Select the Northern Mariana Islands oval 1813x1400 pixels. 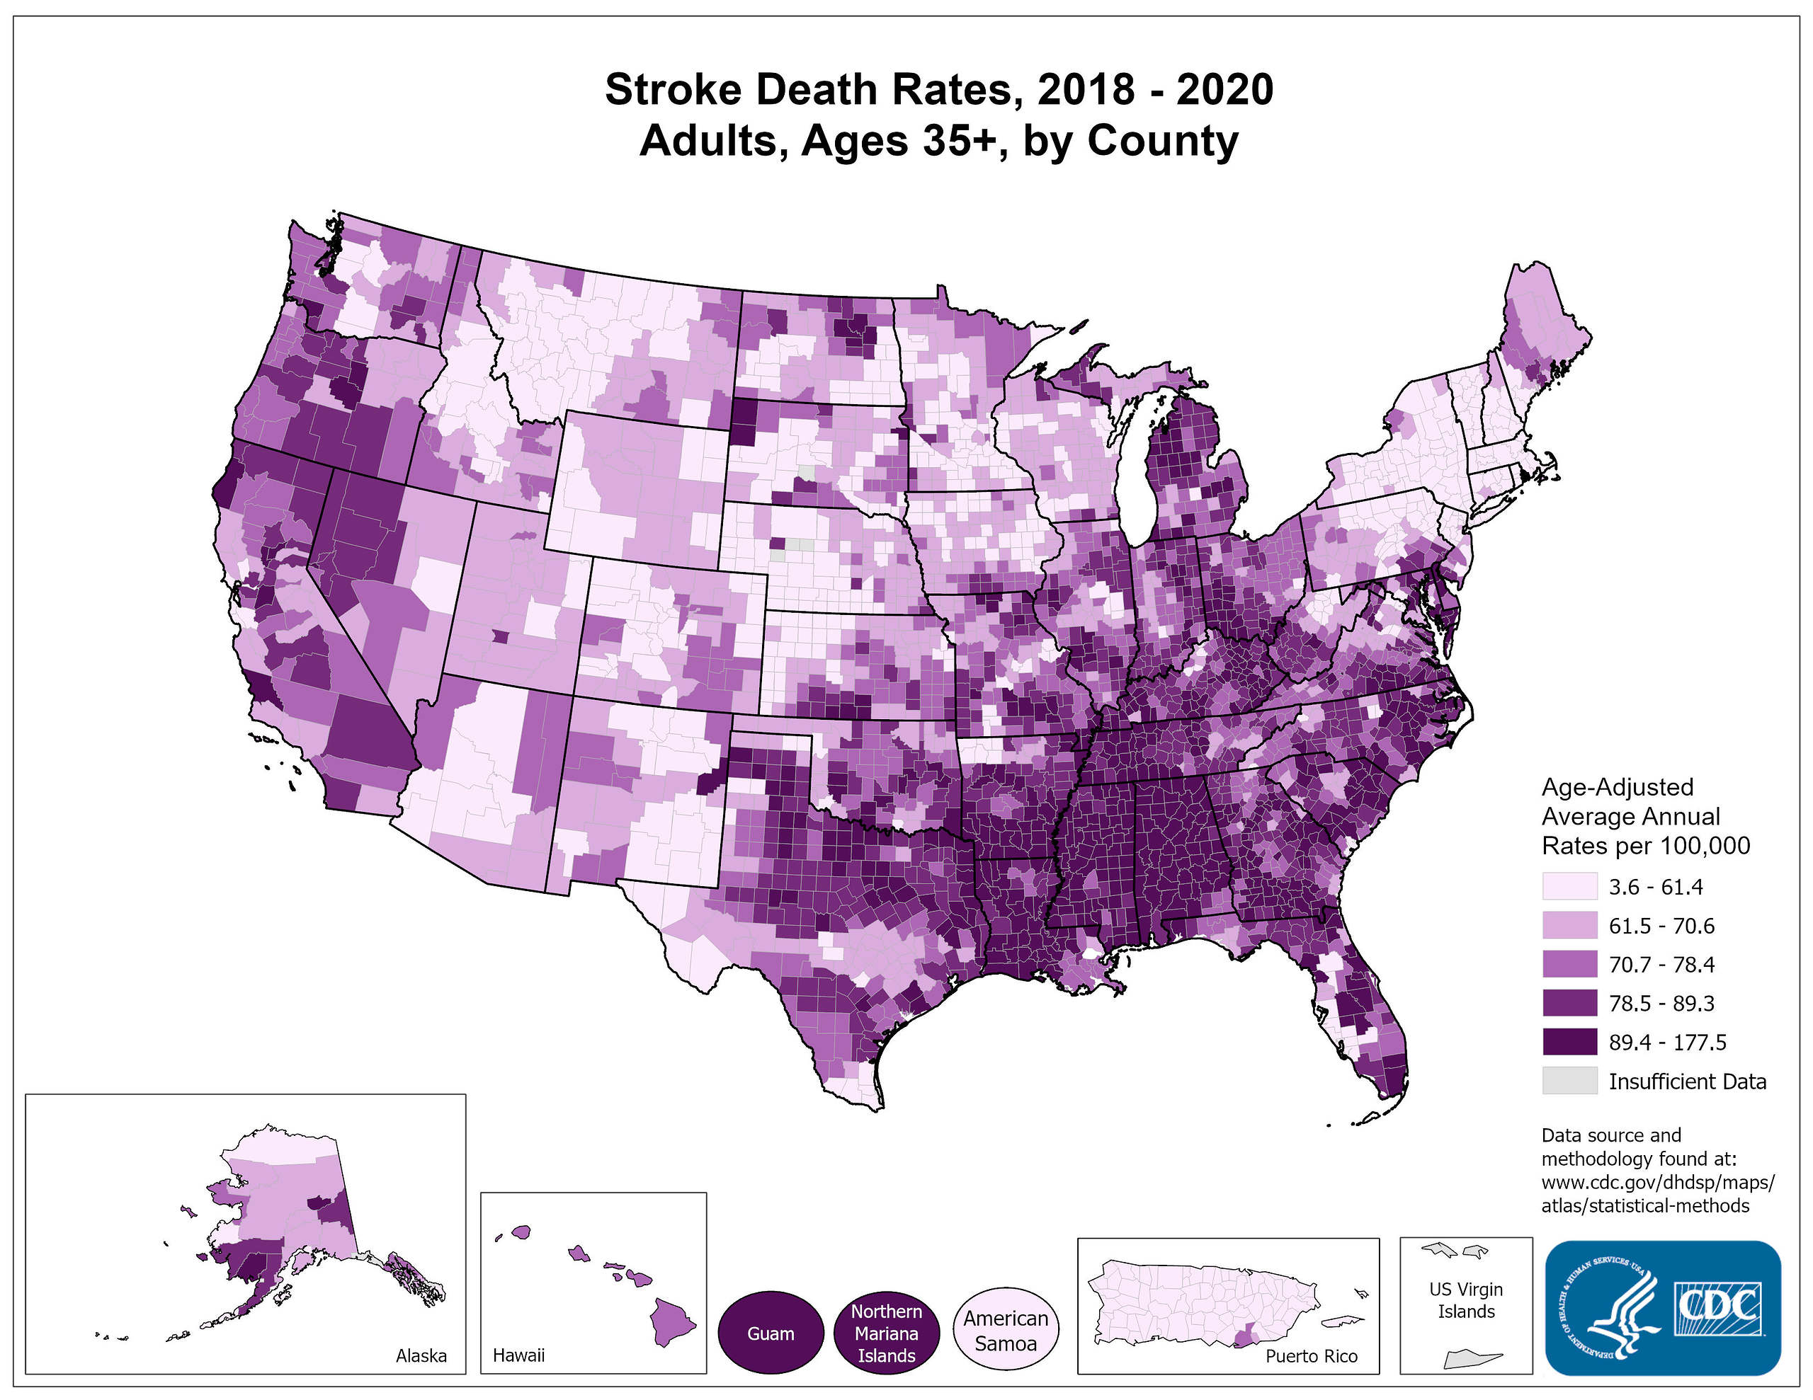[x=886, y=1333]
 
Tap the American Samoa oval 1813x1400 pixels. [x=1005, y=1331]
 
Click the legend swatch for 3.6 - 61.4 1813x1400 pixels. [x=1569, y=886]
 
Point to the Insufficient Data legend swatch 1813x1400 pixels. [x=1569, y=1081]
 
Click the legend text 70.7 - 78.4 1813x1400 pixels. [x=1661, y=964]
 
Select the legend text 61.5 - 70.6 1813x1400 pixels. [x=1661, y=925]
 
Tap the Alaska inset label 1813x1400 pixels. [x=421, y=1355]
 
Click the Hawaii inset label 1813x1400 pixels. [x=519, y=1355]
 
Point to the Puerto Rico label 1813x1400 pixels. [x=1312, y=1356]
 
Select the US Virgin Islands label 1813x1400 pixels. [x=1466, y=1300]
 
